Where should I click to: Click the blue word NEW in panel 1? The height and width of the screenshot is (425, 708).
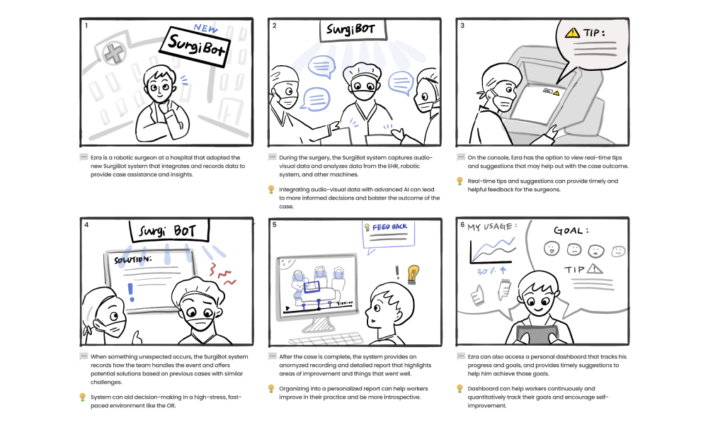click(x=206, y=28)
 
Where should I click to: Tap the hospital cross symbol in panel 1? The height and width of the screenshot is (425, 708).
click(x=114, y=53)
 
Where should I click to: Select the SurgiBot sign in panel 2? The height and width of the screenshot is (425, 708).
click(x=353, y=30)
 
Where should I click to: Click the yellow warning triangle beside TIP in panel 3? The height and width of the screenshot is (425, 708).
click(x=572, y=33)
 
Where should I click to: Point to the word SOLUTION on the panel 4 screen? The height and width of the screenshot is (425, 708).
click(x=132, y=260)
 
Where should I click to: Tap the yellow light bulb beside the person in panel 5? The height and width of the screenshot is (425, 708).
click(x=412, y=274)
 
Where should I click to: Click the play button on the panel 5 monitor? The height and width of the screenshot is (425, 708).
click(x=287, y=308)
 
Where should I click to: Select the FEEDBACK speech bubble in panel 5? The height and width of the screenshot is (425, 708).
click(x=389, y=236)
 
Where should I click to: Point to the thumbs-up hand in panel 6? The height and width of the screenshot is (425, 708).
click(x=476, y=295)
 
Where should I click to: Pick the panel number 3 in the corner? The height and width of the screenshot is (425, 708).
click(x=462, y=25)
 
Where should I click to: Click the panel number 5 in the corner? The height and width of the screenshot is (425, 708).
click(x=274, y=225)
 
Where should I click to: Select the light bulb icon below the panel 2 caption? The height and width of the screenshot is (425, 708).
click(x=271, y=190)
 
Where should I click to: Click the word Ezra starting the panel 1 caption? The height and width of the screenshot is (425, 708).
click(x=96, y=158)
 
